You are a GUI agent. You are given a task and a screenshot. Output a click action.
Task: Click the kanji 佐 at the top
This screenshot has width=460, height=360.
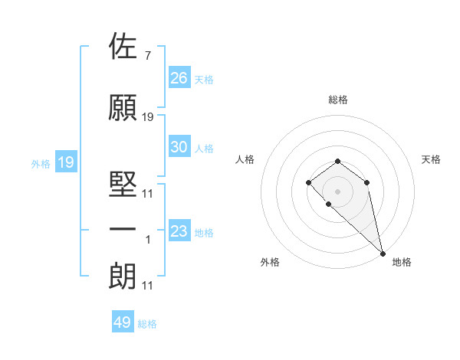coord(123,47)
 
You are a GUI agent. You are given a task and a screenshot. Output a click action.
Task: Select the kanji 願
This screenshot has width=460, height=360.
coord(123,108)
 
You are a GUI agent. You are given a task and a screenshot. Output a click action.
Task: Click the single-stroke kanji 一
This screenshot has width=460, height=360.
coord(123,230)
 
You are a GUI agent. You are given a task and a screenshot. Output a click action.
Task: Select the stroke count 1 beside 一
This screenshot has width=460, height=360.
coord(147,240)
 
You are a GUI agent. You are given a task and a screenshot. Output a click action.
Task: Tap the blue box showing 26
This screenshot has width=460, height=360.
coord(179,78)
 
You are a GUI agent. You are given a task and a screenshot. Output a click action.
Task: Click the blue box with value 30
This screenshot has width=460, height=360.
coord(179,147)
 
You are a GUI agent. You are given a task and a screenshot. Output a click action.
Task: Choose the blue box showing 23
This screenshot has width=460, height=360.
coord(179,231)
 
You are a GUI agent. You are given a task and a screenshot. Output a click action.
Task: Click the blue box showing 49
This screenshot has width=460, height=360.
coord(123,322)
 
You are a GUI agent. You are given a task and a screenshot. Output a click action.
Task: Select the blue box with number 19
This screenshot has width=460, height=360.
coord(66,162)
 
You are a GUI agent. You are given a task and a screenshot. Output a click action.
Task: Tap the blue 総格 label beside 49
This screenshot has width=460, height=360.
coord(147,324)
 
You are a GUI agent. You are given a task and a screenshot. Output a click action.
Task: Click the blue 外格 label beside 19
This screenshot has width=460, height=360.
coord(41,163)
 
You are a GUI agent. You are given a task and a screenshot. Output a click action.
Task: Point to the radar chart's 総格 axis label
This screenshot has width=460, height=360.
coord(338,100)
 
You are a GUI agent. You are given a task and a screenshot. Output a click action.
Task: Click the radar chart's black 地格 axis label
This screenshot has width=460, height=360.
coord(402,263)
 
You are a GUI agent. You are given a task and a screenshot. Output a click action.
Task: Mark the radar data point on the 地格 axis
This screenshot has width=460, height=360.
coord(383,253)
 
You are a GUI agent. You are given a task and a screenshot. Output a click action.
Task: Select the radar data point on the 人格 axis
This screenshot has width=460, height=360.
coord(308,182)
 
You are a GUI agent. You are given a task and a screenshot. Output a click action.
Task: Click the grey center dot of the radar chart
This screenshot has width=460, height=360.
coord(337,190)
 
